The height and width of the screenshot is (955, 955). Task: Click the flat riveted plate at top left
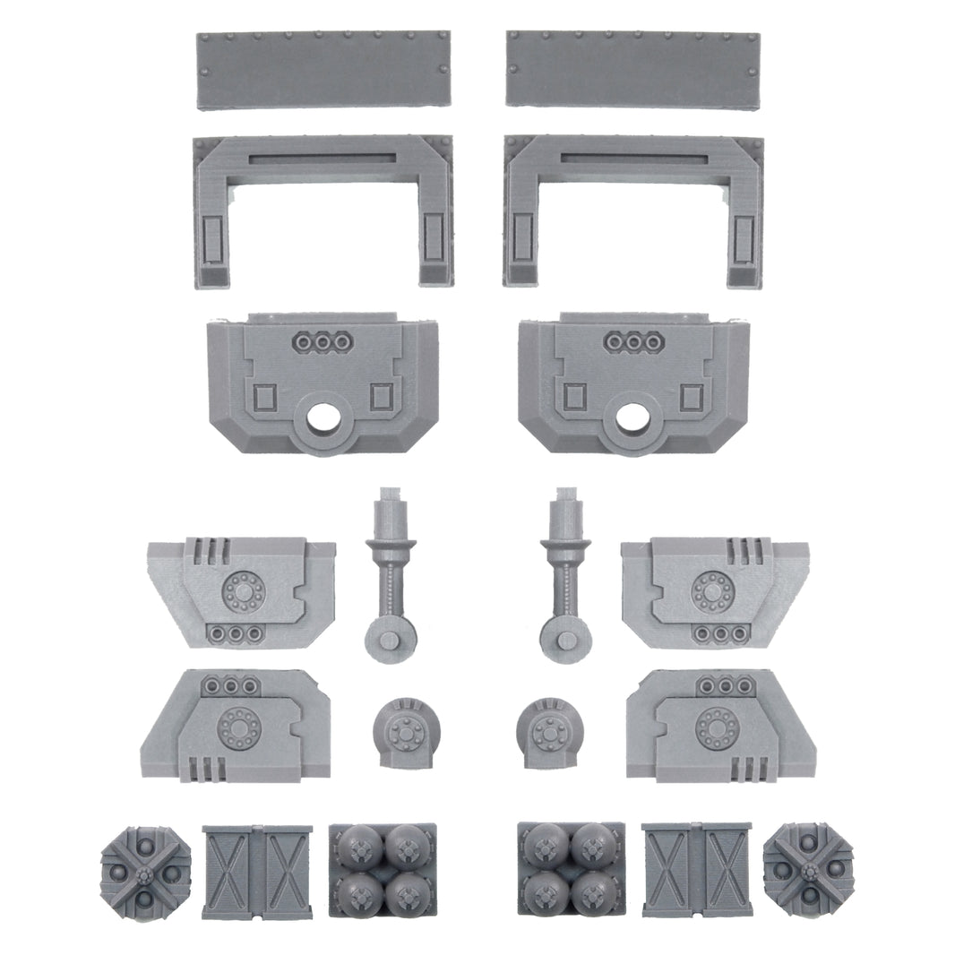(323, 70)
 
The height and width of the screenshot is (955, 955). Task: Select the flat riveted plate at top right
(632, 69)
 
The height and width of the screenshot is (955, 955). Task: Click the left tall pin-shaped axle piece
(390, 578)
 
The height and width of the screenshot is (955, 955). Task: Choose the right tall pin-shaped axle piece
(565, 578)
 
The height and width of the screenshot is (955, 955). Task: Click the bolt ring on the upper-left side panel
(239, 590)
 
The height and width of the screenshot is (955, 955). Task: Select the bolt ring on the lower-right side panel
(716, 722)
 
